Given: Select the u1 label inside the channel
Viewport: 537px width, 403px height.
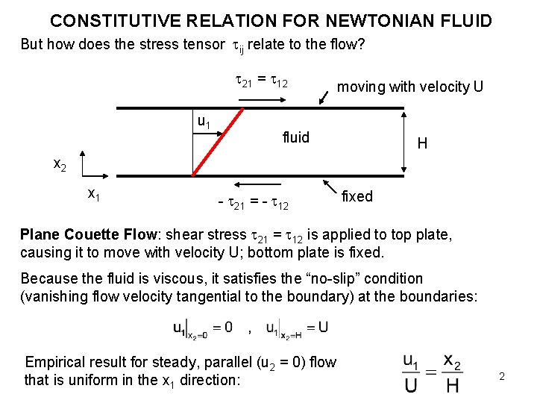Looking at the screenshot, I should [x=203, y=122].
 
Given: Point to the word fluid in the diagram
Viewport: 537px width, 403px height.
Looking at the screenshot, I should [x=296, y=137].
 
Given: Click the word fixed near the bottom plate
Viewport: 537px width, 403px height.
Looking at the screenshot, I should [x=357, y=196].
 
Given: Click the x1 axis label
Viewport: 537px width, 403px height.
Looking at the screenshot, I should [x=95, y=194].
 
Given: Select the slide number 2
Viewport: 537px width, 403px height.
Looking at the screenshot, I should [x=502, y=376].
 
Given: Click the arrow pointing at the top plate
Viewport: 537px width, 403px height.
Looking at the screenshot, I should [x=325, y=97].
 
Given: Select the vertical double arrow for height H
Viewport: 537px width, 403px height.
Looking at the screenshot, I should [x=403, y=142].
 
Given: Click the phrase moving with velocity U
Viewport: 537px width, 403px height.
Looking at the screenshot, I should [x=410, y=87].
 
